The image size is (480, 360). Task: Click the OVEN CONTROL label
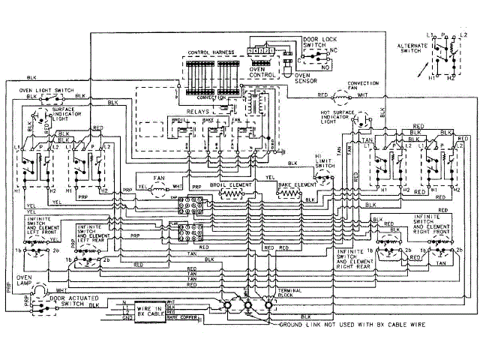tap(260, 73)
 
